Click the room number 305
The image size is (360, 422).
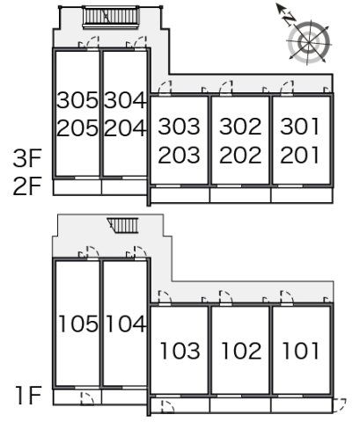(x=77, y=100)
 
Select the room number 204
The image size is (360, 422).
(x=125, y=128)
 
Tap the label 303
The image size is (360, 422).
(x=179, y=127)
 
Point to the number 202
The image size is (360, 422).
(x=240, y=155)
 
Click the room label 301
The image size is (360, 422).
(x=299, y=127)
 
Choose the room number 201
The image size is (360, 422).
(x=299, y=155)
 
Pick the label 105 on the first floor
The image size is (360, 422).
(x=78, y=324)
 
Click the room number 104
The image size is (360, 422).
(x=126, y=324)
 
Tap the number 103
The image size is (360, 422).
(x=180, y=351)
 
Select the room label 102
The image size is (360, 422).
(x=241, y=351)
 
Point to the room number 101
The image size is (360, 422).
(x=301, y=351)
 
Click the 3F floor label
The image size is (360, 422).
(x=27, y=158)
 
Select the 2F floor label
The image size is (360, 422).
(x=27, y=186)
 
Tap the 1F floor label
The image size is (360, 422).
(x=29, y=396)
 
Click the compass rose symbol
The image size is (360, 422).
(x=309, y=43)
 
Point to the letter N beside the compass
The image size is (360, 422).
(x=289, y=19)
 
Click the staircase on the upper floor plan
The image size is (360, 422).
(x=110, y=17)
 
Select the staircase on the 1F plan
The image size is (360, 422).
(x=122, y=225)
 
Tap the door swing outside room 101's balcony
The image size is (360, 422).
(x=340, y=405)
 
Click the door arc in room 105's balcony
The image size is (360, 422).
(x=87, y=398)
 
